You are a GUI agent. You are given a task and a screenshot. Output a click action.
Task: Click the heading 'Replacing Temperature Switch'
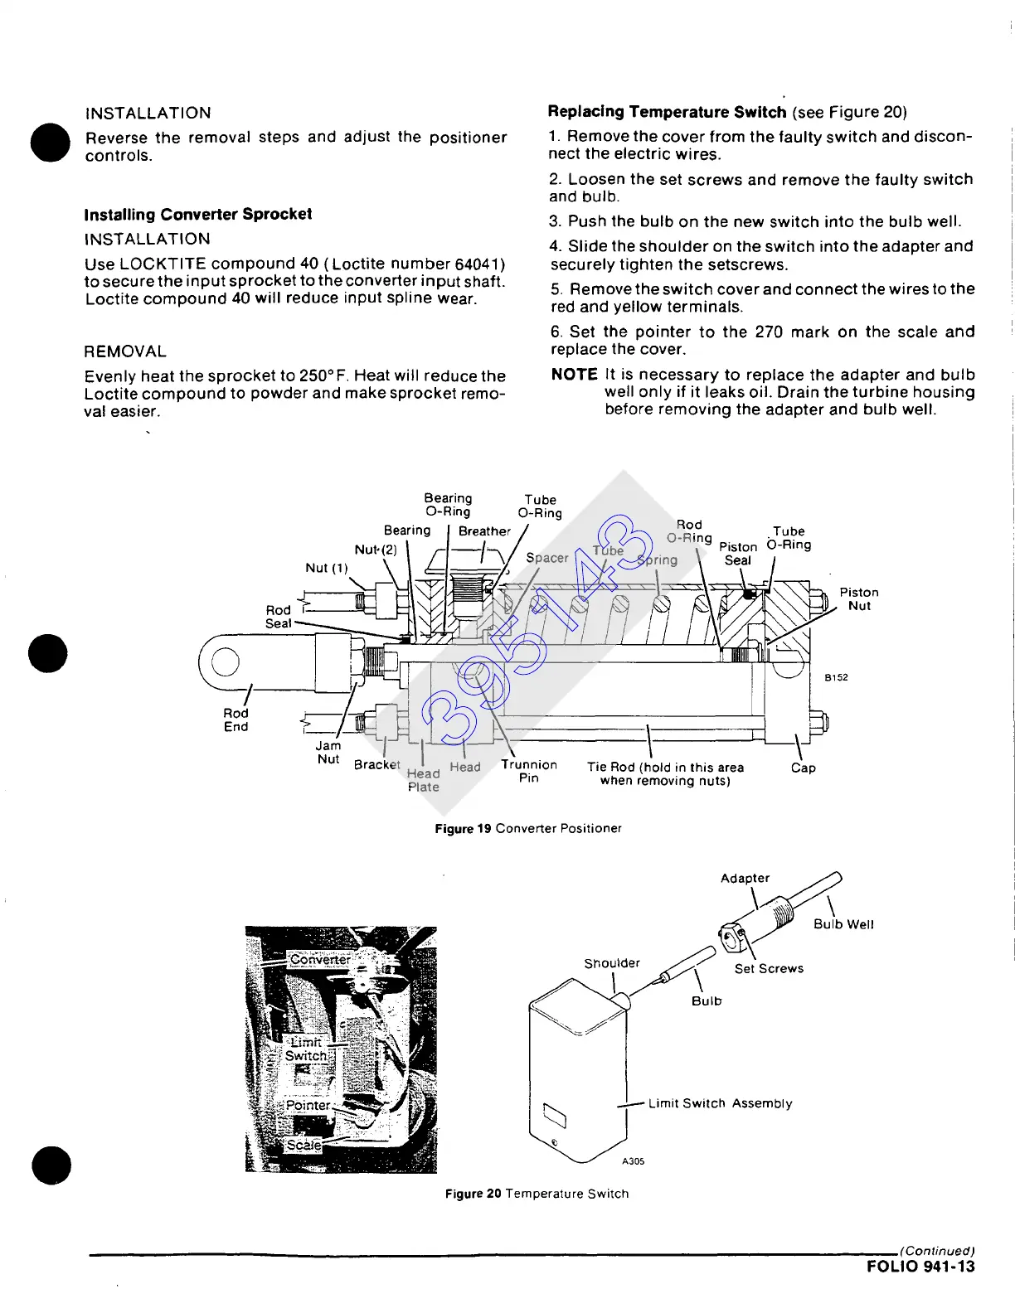point(667,112)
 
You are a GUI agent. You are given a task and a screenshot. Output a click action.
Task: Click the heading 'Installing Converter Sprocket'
point(197,215)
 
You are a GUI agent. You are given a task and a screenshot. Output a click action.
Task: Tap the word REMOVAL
point(125,351)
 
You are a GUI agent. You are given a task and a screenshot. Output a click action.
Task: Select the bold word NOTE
point(574,375)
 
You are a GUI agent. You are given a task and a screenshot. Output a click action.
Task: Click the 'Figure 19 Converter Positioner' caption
point(527,828)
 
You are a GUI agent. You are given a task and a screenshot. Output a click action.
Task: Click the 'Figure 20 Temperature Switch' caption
point(537,1194)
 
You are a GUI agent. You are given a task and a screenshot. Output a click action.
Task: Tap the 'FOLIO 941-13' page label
point(920,1267)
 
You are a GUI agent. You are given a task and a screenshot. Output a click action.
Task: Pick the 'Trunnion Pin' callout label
point(528,771)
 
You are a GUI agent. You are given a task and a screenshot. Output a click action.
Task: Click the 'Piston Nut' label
point(858,598)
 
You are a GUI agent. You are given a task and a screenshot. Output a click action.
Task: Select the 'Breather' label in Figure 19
point(484,531)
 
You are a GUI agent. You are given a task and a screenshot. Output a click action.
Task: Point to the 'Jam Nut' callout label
point(328,752)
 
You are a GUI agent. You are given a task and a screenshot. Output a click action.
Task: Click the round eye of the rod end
point(225,661)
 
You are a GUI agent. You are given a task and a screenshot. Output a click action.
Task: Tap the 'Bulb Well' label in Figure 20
point(843,924)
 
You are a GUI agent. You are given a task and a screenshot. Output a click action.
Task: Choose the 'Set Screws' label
point(769,968)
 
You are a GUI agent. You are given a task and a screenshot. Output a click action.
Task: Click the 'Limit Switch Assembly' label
point(720,1103)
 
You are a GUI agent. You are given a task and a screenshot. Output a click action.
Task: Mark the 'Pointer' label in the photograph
point(308,1105)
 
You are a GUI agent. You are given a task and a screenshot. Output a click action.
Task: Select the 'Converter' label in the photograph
point(320,960)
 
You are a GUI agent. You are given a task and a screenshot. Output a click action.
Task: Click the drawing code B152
point(836,677)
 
